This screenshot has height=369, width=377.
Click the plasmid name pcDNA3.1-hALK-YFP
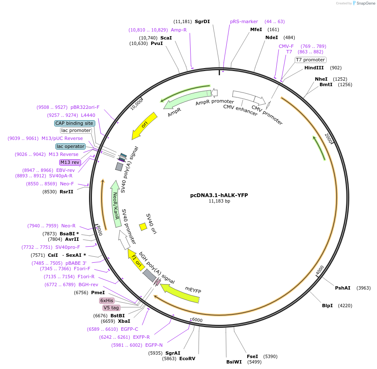click(x=219, y=195)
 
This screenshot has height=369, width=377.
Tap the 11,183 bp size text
click(x=219, y=201)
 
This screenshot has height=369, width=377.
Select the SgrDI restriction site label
click(x=202, y=21)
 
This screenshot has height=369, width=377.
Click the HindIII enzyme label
click(x=314, y=68)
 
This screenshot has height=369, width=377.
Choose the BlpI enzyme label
click(x=327, y=306)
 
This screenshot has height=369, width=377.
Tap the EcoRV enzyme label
click(x=187, y=358)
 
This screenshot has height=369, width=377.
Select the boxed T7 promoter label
click(x=311, y=60)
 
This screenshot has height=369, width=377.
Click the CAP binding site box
click(x=74, y=123)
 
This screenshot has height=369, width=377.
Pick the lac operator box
click(x=71, y=146)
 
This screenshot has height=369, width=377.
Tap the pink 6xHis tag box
click(x=107, y=300)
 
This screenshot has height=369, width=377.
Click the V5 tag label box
click(x=111, y=308)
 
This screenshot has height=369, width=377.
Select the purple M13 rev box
click(x=70, y=162)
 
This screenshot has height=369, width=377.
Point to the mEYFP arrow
click(x=181, y=293)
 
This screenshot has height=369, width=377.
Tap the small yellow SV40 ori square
click(x=143, y=227)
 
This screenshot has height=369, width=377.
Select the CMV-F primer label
click(x=286, y=46)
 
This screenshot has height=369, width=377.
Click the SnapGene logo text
click(x=364, y=3)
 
